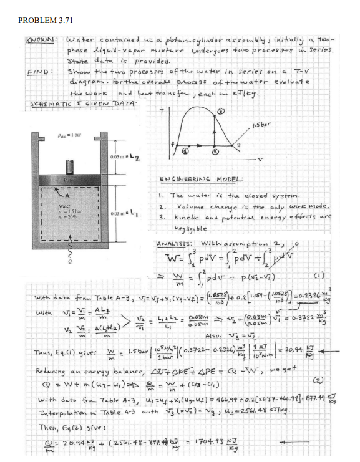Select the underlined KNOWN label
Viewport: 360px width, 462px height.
point(39,41)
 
